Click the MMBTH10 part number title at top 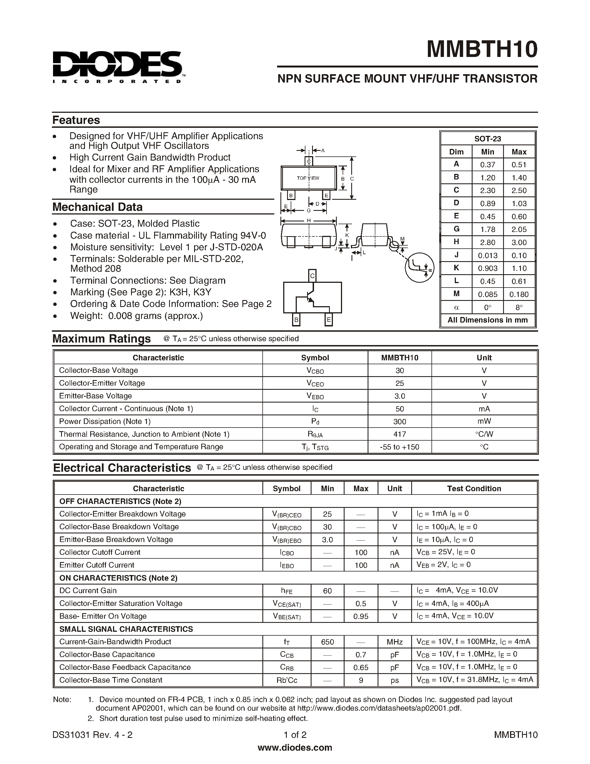[482, 49]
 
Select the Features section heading [76, 120]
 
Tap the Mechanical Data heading [97, 207]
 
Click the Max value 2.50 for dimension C [519, 191]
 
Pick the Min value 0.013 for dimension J [487, 255]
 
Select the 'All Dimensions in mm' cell [487, 320]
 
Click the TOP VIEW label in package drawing [308, 178]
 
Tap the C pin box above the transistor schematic [312, 276]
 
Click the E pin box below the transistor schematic [328, 319]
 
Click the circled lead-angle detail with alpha [420, 267]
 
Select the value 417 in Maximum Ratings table [399, 434]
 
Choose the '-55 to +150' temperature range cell [399, 447]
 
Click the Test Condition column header [474, 488]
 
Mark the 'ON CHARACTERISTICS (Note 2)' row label [118, 578]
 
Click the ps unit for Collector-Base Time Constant [394, 680]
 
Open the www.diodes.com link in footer [295, 748]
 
